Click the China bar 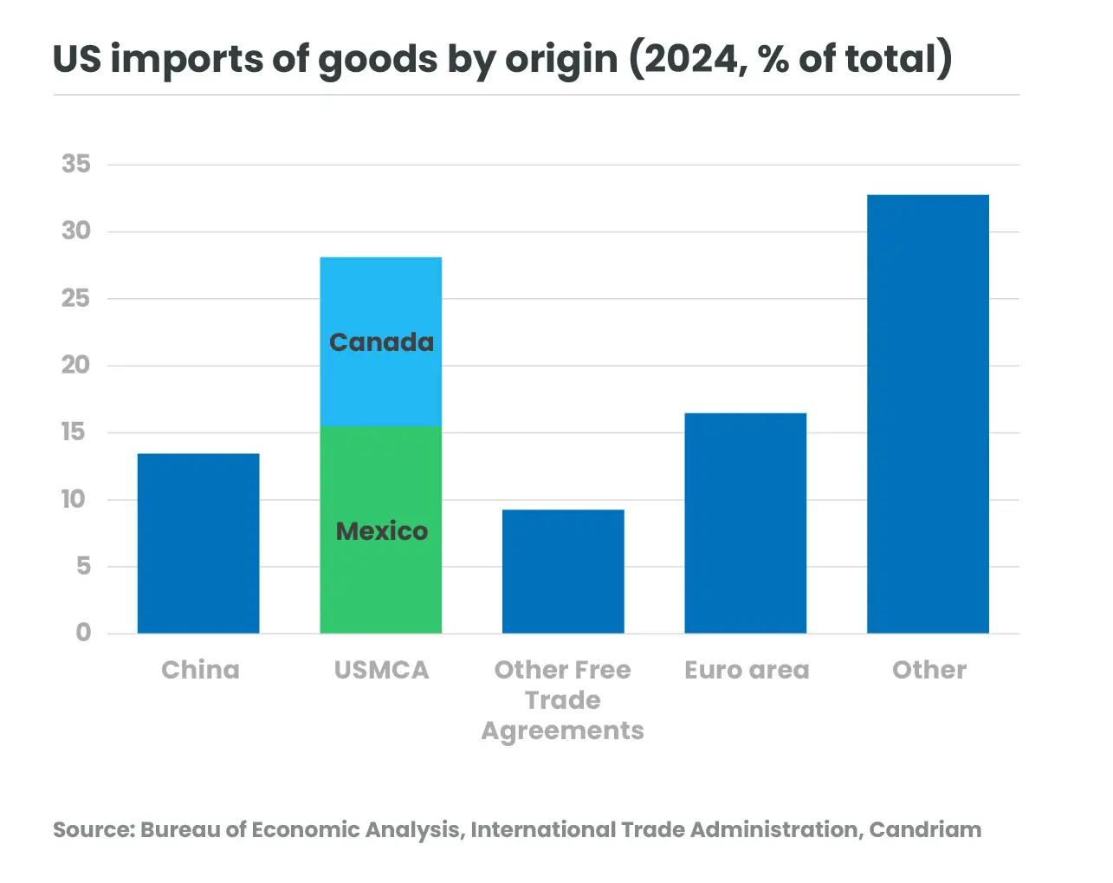click(198, 543)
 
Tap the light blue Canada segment click(381, 295)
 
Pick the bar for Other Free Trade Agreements click(563, 572)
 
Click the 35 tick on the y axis click(76, 164)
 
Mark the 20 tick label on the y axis click(76, 365)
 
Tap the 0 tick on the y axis click(83, 633)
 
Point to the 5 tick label click(83, 566)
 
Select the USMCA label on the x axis click(381, 670)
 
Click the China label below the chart click(200, 670)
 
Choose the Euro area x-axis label click(747, 670)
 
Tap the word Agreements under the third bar click(563, 730)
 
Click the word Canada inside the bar click(381, 342)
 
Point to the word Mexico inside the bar click(381, 531)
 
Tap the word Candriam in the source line click(925, 829)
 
